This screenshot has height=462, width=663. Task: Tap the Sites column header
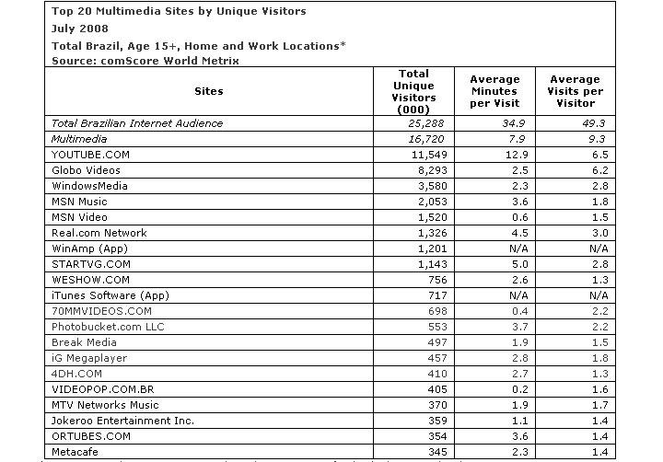(209, 91)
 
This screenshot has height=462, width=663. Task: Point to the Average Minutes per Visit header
(495, 91)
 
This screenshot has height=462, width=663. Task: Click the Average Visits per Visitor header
(576, 91)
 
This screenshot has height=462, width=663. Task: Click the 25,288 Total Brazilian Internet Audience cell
(413, 123)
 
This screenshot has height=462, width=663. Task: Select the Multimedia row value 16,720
(413, 139)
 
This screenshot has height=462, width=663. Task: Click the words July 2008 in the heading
(81, 28)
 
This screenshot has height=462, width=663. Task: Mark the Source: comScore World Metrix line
(145, 60)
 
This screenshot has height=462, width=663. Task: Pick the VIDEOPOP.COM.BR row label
(103, 389)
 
